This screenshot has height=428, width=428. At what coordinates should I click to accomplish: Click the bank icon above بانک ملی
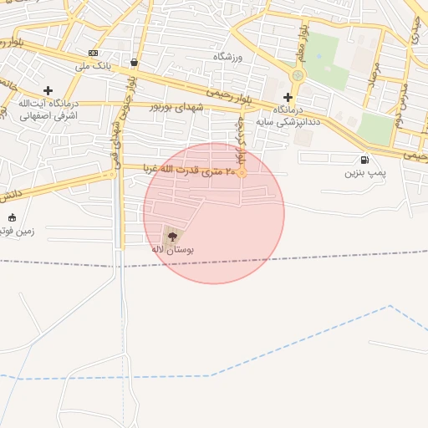(x=93, y=53)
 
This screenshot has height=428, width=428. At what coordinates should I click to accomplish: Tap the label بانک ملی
(x=93, y=65)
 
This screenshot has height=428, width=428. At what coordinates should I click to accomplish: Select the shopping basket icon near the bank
(x=135, y=62)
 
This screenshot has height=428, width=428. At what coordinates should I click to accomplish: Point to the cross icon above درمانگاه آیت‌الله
(x=48, y=90)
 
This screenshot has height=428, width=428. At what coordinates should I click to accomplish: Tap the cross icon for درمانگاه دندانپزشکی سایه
(x=288, y=97)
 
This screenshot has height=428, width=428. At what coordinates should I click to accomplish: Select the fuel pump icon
(x=364, y=160)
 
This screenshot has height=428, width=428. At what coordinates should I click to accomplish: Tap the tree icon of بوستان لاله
(x=173, y=237)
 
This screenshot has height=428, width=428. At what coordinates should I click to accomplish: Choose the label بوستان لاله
(x=172, y=250)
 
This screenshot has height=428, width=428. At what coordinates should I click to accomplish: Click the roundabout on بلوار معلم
(x=297, y=76)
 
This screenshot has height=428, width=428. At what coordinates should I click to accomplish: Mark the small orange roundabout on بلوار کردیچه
(x=242, y=173)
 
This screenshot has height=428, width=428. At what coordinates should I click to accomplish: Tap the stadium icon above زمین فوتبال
(x=12, y=218)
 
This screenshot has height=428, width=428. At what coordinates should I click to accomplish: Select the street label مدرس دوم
(x=400, y=98)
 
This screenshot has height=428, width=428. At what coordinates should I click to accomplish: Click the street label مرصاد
(x=374, y=81)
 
